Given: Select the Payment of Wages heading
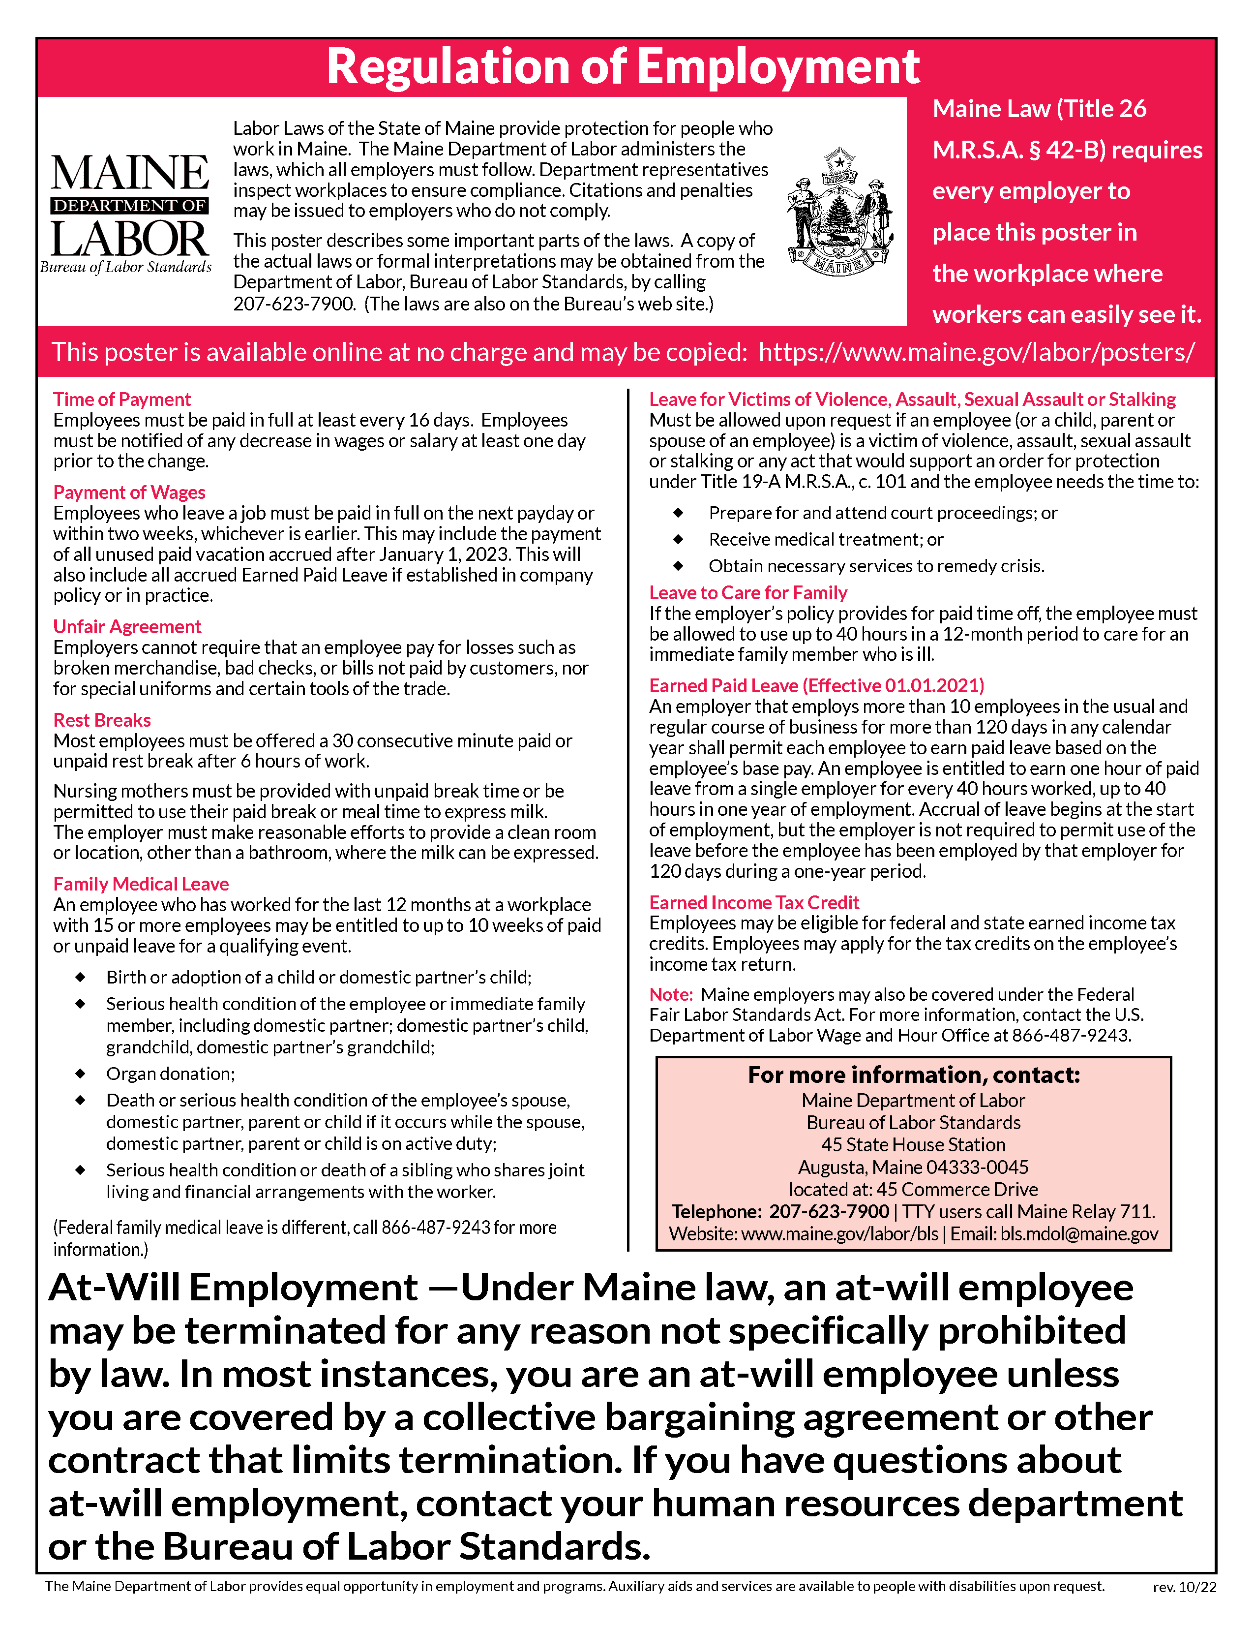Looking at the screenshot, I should point(129,492).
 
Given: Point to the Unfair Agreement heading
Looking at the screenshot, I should point(127,626).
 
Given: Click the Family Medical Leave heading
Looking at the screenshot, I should point(141,884).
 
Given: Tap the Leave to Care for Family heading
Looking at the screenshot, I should point(748,593).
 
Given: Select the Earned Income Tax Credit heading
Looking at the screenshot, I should point(754,902).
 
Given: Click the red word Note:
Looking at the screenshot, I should point(671,994).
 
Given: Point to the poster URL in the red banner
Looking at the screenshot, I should point(977,352).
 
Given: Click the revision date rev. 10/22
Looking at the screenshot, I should point(1184,1608).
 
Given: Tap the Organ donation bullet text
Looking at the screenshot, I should point(170,1074).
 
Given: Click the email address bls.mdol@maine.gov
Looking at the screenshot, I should point(1079,1234).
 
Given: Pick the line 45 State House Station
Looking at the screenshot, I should point(913,1145).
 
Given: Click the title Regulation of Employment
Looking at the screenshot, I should point(623,67).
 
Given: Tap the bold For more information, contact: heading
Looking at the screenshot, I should point(913,1075).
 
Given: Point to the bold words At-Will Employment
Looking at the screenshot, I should point(233,1288).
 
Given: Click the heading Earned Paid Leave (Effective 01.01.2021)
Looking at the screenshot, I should point(816,685).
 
